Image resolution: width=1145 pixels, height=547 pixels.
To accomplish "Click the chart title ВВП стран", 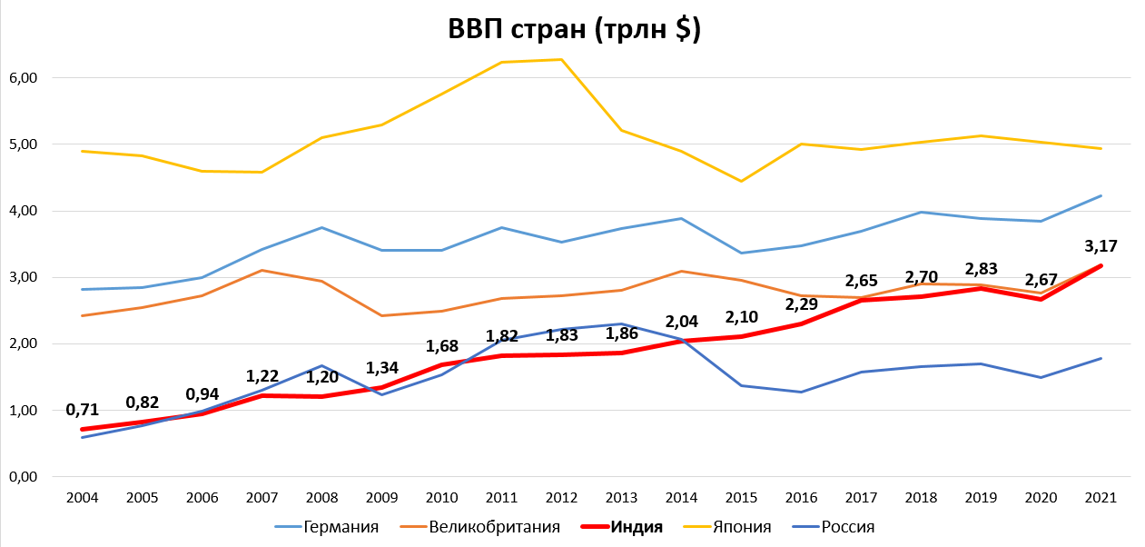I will (574, 29).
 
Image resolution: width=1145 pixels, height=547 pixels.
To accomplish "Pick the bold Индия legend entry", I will (637, 527).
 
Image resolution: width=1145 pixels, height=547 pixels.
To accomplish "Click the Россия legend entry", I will (847, 527).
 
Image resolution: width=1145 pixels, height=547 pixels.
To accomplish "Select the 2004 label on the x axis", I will (83, 498).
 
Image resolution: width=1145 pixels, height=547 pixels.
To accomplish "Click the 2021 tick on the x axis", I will (1101, 498).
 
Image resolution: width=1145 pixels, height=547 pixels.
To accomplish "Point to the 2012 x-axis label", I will (562, 498).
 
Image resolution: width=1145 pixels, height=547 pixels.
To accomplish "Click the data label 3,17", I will (1100, 245).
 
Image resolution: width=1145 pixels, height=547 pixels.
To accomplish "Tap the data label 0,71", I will (83, 409).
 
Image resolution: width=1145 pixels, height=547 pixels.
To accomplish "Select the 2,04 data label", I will (681, 321).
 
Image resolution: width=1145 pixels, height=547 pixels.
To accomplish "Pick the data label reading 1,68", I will (442, 346).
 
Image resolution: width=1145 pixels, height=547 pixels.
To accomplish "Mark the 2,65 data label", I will (861, 280).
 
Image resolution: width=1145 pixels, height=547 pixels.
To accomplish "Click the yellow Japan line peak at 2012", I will (562, 60).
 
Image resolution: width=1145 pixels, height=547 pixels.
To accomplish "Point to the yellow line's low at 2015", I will (741, 181).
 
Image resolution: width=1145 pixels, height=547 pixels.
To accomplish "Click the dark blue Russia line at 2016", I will (801, 392).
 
